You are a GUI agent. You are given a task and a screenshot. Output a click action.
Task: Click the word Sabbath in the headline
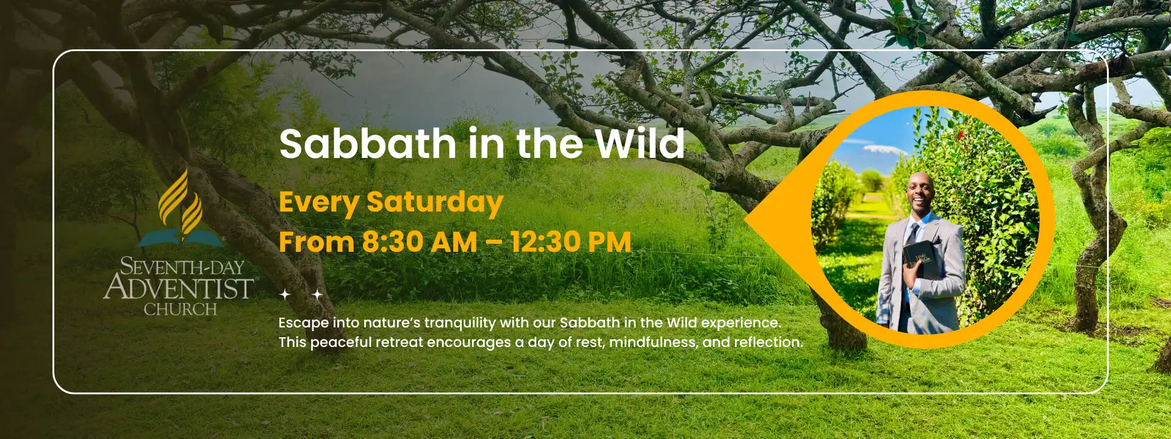click(x=368, y=144)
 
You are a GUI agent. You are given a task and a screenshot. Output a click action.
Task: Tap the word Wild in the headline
click(x=640, y=144)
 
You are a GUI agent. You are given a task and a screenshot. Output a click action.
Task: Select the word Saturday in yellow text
click(x=435, y=203)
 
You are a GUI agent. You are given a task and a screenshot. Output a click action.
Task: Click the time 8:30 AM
click(x=420, y=242)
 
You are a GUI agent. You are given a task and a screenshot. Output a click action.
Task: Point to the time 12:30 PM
click(x=571, y=242)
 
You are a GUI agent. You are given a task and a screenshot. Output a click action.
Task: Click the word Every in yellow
click(x=318, y=203)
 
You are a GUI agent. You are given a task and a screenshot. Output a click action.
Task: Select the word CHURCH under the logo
click(x=180, y=310)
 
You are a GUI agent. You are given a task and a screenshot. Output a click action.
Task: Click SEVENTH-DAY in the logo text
click(x=182, y=266)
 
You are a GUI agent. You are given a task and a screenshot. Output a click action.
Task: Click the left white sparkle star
click(x=285, y=294)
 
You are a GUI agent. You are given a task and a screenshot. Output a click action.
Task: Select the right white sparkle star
click(x=317, y=294)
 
